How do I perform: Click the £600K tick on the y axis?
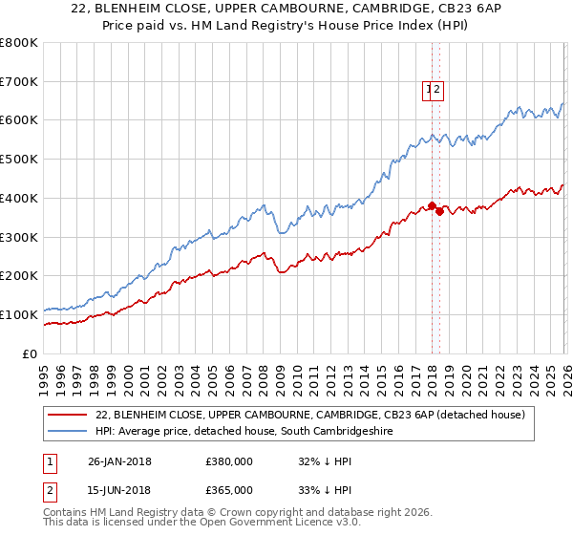coord(19,120)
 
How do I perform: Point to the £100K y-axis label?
coord(19,314)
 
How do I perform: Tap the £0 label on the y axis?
coord(29,353)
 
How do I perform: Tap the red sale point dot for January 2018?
coord(432,205)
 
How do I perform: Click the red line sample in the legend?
coord(68,416)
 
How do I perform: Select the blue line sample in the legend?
coord(68,432)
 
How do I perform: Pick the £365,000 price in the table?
coord(229,490)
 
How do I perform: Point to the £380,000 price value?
coord(229,461)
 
